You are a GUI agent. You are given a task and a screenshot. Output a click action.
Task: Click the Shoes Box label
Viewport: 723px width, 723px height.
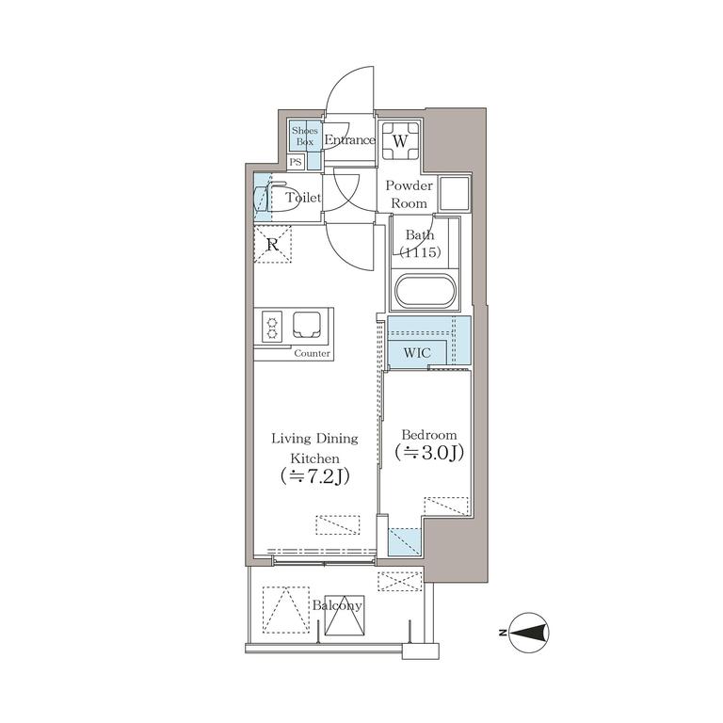[x=304, y=136]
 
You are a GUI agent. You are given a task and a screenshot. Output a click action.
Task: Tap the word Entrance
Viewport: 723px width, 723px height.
[x=349, y=139]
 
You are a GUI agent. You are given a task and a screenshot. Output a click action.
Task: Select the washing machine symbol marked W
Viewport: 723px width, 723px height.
[x=400, y=140]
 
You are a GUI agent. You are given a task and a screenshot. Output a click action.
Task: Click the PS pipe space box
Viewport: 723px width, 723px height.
[x=296, y=162]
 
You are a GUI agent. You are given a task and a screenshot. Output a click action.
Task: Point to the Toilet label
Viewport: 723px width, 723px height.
[x=303, y=198]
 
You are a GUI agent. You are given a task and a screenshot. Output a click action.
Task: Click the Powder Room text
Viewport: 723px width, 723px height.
[x=409, y=194]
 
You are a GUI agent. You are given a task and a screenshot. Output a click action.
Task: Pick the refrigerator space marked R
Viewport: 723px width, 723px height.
[x=272, y=245]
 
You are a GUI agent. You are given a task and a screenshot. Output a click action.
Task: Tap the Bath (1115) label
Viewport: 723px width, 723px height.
[x=420, y=243]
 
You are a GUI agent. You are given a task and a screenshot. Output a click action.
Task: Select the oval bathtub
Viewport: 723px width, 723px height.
[x=426, y=291]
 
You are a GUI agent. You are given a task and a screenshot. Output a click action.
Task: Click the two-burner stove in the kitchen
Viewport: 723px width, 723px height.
[x=271, y=327]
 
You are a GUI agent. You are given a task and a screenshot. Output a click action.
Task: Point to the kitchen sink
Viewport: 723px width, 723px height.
[x=307, y=324]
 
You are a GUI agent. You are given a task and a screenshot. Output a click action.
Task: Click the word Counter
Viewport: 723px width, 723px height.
[x=313, y=353]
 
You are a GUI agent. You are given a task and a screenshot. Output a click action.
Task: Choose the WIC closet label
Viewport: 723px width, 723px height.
[x=417, y=353]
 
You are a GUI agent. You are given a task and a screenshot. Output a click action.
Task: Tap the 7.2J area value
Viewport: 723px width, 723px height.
[x=315, y=476]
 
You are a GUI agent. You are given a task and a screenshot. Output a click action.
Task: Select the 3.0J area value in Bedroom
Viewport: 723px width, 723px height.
[x=429, y=453]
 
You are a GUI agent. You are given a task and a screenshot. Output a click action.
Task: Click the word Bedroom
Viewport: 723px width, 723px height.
[x=429, y=434]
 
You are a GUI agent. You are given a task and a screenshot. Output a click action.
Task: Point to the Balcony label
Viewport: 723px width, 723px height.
[x=337, y=605]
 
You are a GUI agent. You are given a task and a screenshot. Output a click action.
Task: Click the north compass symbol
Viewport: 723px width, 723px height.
[x=530, y=633]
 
